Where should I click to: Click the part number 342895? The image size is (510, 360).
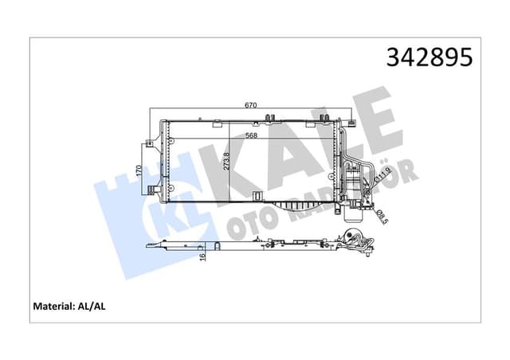[430, 57]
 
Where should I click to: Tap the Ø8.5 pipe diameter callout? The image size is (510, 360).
[380, 213]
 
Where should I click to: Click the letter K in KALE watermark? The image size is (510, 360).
[227, 159]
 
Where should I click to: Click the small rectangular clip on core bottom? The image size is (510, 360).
[257, 195]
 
